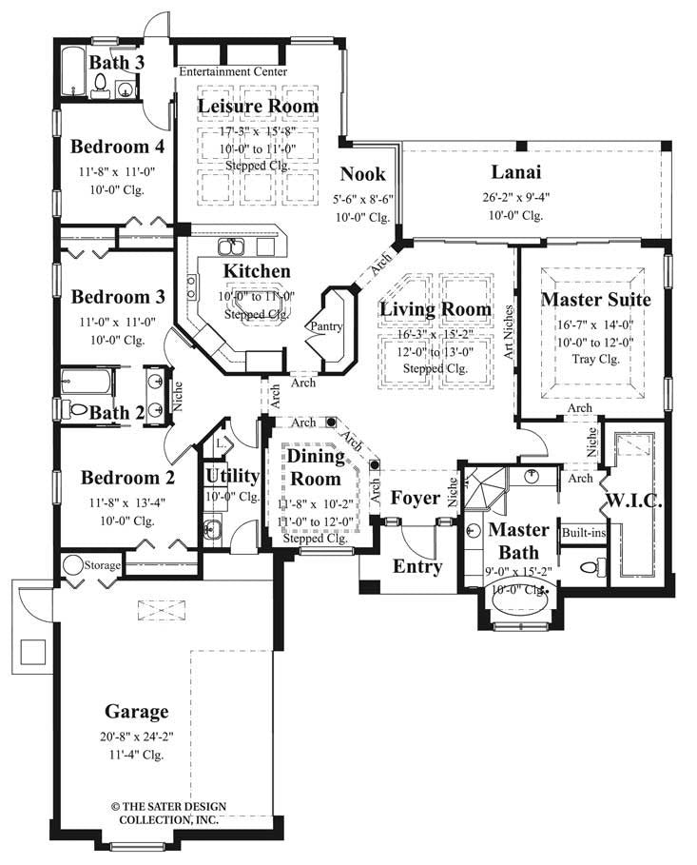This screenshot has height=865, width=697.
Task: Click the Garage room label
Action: pyautogui.click(x=138, y=711)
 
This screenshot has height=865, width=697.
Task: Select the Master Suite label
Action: pyautogui.click(x=595, y=300)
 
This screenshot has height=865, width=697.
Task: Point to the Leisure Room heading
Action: pyautogui.click(x=258, y=106)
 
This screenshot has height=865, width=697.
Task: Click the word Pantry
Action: pyautogui.click(x=323, y=326)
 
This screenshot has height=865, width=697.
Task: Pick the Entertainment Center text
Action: pyautogui.click(x=234, y=71)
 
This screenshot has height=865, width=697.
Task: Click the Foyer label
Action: pyautogui.click(x=415, y=498)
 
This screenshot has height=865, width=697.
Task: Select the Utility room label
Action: pyautogui.click(x=232, y=476)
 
